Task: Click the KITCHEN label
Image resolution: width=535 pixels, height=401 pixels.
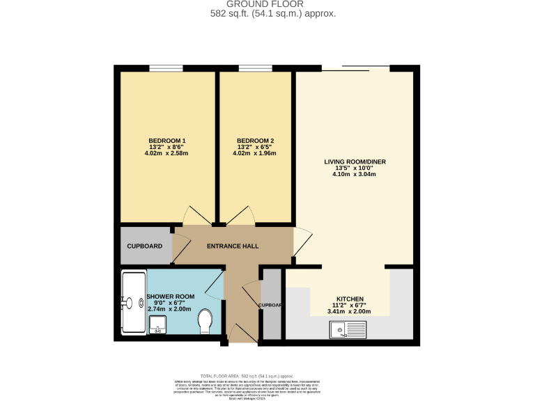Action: pos(349,299)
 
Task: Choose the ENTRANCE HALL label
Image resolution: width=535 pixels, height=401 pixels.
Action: pos(233,246)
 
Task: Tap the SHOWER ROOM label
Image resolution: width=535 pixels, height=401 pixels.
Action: pos(170,297)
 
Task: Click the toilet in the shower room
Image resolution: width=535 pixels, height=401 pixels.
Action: pos(206,321)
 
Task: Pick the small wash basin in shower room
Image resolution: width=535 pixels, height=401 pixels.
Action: pos(157,324)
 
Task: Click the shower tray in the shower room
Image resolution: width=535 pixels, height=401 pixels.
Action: pos(132,302)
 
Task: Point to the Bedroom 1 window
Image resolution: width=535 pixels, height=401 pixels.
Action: pos(166,68)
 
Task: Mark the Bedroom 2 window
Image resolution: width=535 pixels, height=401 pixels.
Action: pos(255,68)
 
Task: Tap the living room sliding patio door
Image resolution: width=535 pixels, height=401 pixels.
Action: pos(355,68)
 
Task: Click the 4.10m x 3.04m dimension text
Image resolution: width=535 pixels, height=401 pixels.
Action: pos(355,174)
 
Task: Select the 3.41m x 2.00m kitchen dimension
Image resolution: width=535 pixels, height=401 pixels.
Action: pos(349,311)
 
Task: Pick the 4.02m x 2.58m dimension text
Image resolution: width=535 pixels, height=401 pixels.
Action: pos(167,153)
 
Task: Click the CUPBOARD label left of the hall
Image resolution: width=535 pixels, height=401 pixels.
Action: pos(144,246)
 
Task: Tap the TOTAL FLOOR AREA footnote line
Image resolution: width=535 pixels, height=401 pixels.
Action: pos(253,375)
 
